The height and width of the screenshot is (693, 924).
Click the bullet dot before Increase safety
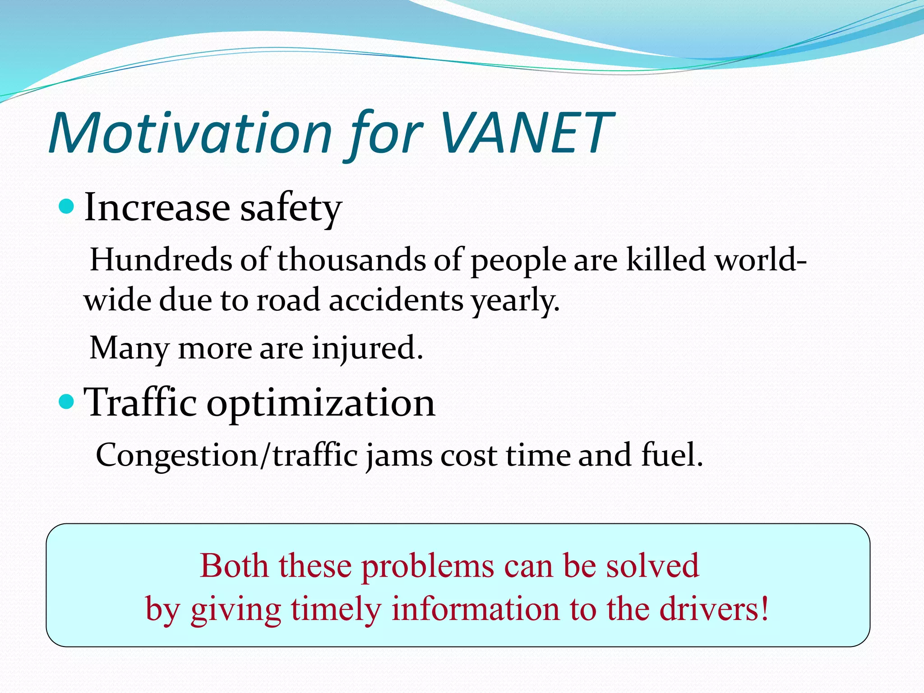[66, 207]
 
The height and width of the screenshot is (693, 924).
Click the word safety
[291, 208]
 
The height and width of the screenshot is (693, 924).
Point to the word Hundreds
[161, 260]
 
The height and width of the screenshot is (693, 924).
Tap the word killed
[666, 260]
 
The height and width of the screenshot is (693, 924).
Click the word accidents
[396, 300]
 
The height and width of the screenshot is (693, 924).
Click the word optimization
[321, 403]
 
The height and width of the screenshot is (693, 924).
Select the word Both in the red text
[234, 566]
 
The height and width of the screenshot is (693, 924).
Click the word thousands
[351, 260]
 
